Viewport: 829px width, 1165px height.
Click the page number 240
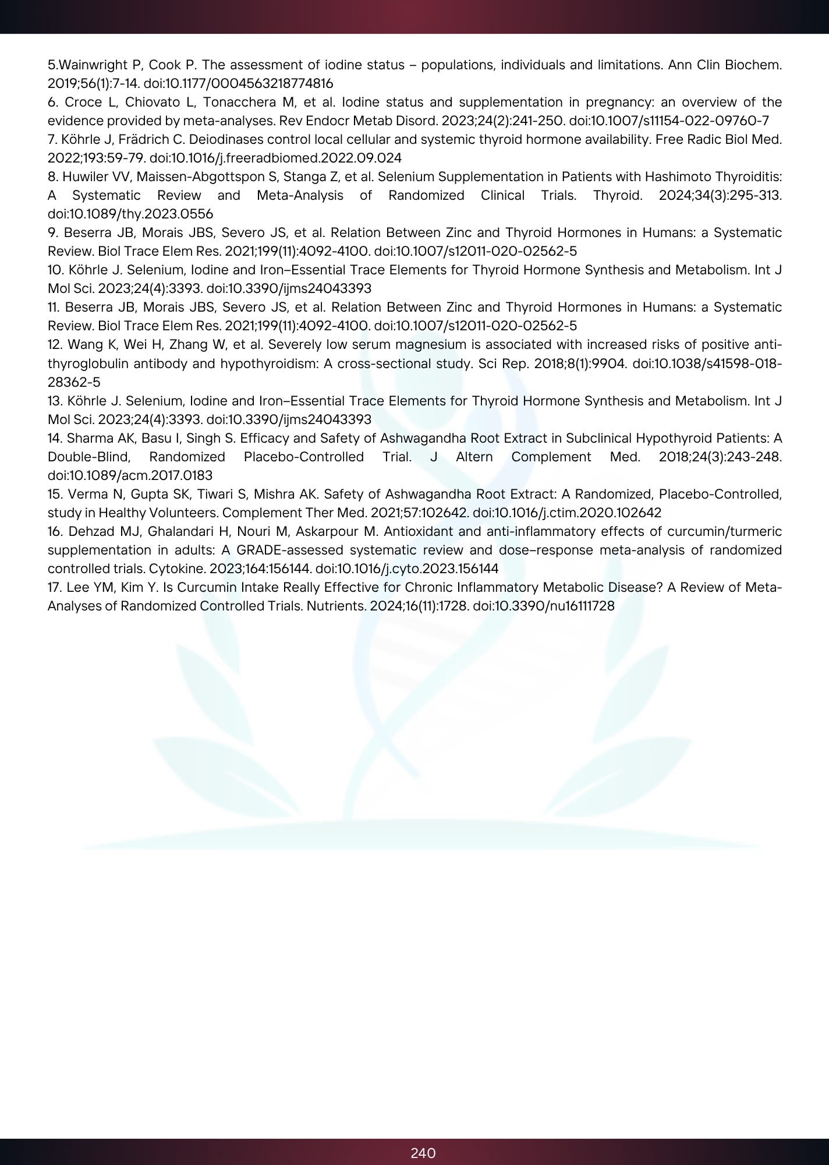click(x=423, y=1153)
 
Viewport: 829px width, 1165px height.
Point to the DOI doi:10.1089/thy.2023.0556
click(x=130, y=214)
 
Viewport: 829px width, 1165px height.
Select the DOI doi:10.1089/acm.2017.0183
click(x=130, y=475)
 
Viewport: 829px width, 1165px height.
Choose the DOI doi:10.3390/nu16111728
click(x=544, y=606)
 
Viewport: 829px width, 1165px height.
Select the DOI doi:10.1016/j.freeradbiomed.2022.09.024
click(x=276, y=158)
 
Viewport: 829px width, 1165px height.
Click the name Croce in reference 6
click(x=82, y=102)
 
